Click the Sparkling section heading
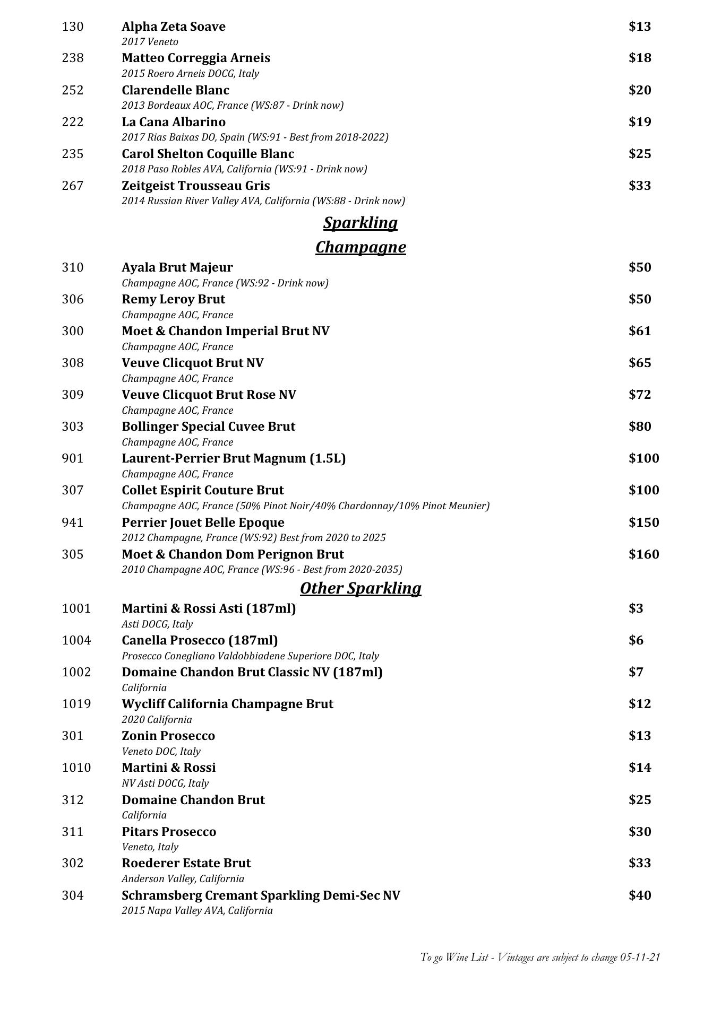360,223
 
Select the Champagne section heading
360,247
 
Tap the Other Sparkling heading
360,588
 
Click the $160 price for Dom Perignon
643,554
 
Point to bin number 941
73,522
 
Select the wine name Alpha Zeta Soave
174,27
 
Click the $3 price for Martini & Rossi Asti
636,608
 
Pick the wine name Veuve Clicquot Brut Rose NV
209,395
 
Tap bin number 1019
76,704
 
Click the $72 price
640,395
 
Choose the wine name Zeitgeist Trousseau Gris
195,186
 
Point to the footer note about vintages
540,957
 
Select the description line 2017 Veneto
150,42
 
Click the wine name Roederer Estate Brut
186,863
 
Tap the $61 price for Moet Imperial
640,331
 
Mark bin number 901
73,458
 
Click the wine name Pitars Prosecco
169,831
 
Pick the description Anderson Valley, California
183,878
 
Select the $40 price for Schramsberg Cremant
640,895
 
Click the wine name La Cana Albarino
174,122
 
